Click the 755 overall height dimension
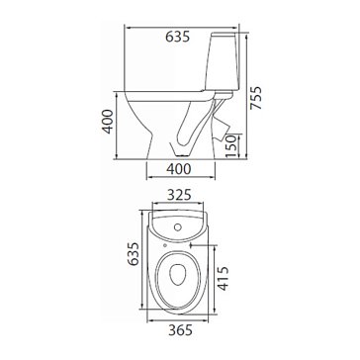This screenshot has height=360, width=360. click(256, 98)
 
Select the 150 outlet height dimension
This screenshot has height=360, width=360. click(231, 146)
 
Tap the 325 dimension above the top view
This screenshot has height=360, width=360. click(178, 196)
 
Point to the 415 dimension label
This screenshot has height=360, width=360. click(224, 279)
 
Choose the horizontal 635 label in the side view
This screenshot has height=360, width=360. click(178, 37)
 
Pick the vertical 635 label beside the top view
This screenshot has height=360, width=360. click(134, 254)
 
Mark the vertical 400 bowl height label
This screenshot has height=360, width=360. click(108, 122)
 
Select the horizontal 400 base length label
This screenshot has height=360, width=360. click(178, 169)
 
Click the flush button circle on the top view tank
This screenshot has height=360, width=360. click(178, 227)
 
